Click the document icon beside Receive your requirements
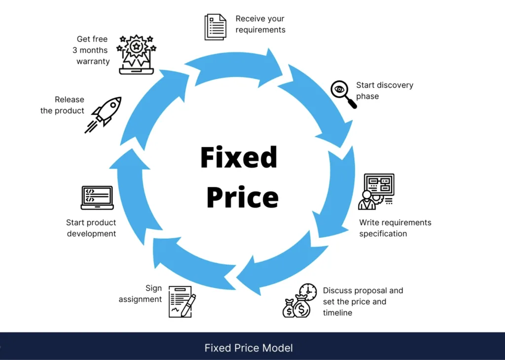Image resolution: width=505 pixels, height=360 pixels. (x=216, y=27)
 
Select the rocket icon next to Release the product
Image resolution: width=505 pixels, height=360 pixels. (x=104, y=114)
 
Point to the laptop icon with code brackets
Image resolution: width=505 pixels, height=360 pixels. (x=97, y=197)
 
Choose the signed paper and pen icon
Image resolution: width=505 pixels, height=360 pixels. (x=182, y=301)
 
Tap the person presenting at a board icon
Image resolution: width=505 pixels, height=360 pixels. (x=376, y=191)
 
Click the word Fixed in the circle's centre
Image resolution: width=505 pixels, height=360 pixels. (x=239, y=158)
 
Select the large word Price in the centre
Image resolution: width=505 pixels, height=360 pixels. (x=242, y=197)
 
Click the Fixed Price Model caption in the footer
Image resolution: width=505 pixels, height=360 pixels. (x=249, y=348)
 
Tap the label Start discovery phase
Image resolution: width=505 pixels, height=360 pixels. (x=384, y=90)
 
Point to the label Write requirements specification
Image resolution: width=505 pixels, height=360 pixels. (x=395, y=228)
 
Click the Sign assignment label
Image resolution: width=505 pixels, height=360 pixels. (x=141, y=293)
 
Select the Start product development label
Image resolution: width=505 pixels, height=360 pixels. (x=91, y=228)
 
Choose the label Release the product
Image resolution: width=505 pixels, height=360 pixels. (x=62, y=105)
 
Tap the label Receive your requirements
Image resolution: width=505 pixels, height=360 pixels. (x=260, y=24)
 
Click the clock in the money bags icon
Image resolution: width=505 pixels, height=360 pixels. (x=308, y=291)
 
